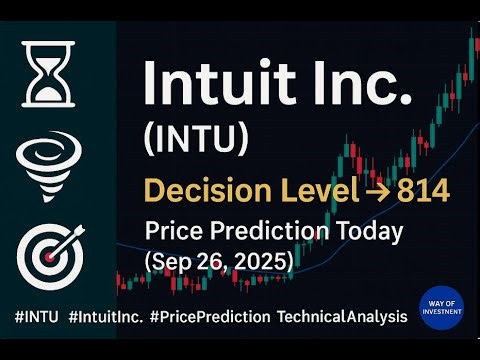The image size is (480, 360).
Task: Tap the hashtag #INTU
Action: [x=36, y=316]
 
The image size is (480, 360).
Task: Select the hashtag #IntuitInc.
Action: [x=115, y=316]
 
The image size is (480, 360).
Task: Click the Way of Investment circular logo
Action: [x=440, y=309]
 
